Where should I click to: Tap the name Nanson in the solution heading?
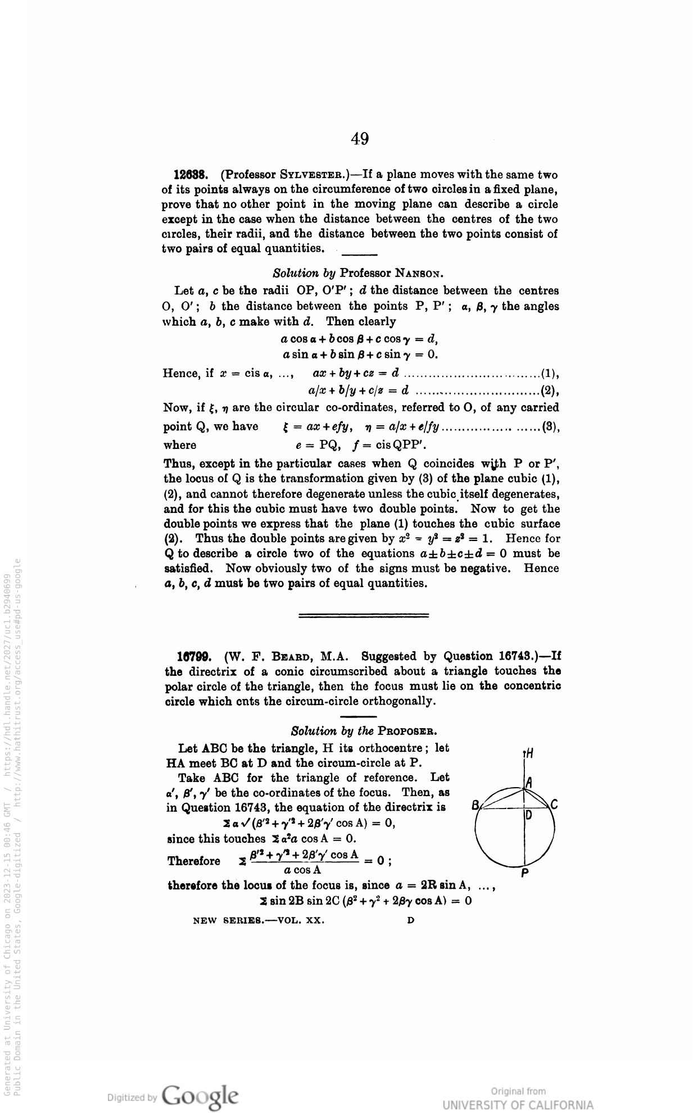[x=420, y=274]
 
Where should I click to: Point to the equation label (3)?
[x=550, y=426]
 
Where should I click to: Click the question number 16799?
[x=194, y=656]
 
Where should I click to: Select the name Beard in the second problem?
[x=292, y=656]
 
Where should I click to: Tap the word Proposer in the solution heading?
[x=407, y=732]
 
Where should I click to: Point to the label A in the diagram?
[x=529, y=783]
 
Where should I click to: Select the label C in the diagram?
[x=554, y=805]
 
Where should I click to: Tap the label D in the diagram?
[x=529, y=816]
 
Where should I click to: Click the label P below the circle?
[x=524, y=874]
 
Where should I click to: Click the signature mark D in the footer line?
[x=411, y=921]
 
